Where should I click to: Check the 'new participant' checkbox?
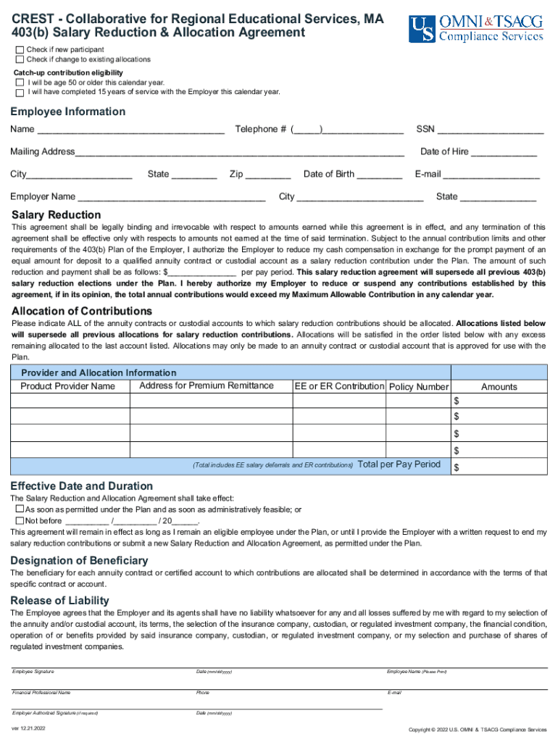pos(20,49)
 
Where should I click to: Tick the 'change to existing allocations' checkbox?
pos(20,59)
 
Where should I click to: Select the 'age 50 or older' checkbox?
pos(20,83)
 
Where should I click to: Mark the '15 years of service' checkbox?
pos(20,92)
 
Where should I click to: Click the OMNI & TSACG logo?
pos(475,29)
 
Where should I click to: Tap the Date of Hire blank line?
pos(504,153)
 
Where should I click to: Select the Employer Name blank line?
pos(171,198)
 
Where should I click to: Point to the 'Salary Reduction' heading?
pos(57,215)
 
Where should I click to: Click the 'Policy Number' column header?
pos(419,387)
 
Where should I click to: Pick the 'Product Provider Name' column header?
pos(67,386)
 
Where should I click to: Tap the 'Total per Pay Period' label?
pos(399,464)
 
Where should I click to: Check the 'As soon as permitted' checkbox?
pos(20,510)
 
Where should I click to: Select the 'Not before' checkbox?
pos(20,520)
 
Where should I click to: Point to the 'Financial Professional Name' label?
pos(41,693)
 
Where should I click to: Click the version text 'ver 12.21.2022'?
pos(28,728)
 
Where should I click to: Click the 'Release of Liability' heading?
pos(59,601)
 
